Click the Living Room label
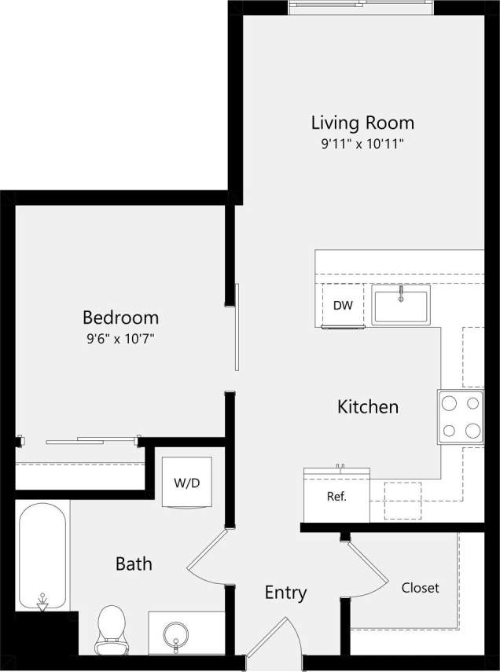click(362, 123)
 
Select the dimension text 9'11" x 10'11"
click(362, 144)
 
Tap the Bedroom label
click(120, 318)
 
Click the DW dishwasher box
click(343, 305)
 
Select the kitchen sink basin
click(401, 306)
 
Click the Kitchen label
click(368, 407)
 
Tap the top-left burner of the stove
click(450, 404)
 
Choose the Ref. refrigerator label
click(336, 497)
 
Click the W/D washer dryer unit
click(186, 482)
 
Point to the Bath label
click(134, 564)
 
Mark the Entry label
click(285, 593)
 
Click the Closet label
click(420, 588)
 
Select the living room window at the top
click(361, 7)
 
